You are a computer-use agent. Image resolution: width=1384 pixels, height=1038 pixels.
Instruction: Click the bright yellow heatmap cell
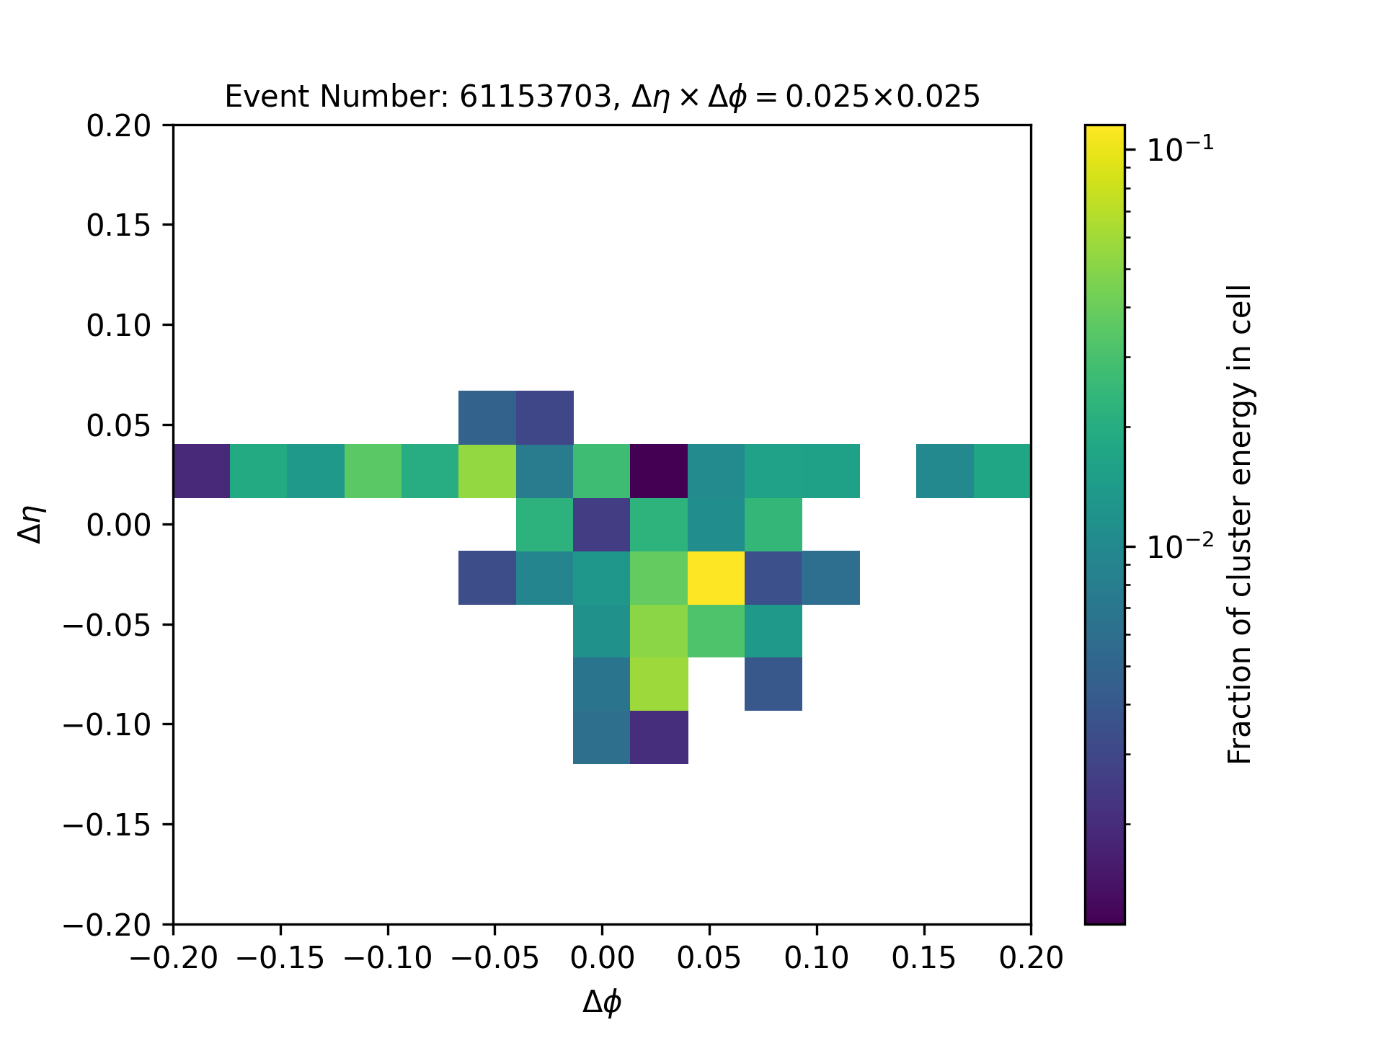coord(716,577)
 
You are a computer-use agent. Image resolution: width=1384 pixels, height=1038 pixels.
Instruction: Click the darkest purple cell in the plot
coord(659,471)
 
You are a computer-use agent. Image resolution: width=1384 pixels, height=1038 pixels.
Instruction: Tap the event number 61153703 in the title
coord(536,96)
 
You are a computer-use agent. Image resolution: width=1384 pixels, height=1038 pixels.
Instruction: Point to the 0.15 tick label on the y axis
coord(119,226)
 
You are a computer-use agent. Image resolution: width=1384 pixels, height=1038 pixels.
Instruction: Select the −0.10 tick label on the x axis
coord(388,958)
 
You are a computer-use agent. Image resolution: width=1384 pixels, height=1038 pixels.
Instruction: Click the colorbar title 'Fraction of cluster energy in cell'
coord(1240,524)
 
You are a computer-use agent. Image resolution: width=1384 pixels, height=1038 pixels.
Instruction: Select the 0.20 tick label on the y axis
coord(119,125)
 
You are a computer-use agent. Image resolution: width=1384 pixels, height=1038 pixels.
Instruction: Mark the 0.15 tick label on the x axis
coord(924,958)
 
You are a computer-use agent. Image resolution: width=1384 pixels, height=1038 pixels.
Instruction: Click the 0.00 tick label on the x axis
coord(602,958)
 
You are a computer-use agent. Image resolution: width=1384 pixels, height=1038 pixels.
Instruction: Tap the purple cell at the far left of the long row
coord(202,471)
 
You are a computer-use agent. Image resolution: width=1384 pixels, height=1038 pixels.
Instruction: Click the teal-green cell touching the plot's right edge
coord(1002,471)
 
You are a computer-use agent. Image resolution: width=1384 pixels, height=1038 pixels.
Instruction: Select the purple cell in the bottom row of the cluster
coord(659,737)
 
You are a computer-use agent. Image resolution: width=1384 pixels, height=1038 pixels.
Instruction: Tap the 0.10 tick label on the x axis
coord(817,958)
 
